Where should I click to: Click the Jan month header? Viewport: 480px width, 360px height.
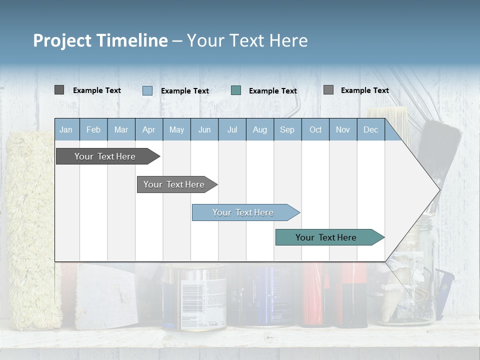point(66,129)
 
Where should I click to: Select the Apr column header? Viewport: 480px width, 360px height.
point(148,129)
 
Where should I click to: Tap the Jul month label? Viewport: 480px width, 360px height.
point(232,129)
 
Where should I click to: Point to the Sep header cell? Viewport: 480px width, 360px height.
point(287,129)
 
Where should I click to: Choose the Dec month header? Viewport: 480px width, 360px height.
point(370,129)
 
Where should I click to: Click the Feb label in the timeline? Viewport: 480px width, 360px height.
point(93,129)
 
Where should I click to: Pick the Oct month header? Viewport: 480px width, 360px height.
point(315,129)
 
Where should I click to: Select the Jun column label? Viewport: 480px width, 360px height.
point(204,129)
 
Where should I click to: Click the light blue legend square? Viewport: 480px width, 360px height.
point(147,90)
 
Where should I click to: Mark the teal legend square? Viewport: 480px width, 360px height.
point(236,90)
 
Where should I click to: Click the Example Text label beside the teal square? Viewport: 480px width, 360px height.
point(272,90)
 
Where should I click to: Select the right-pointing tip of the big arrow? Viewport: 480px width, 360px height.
point(438,189)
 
